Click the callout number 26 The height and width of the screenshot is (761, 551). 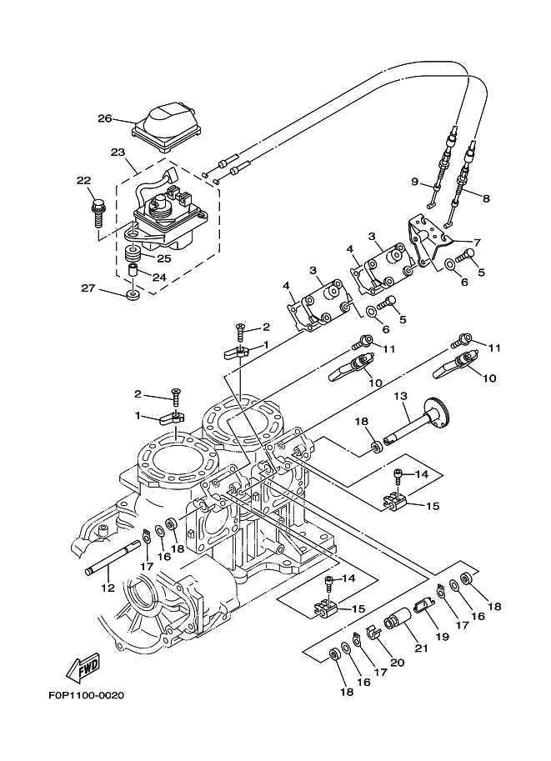(x=104, y=118)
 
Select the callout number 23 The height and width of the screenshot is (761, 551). (x=117, y=153)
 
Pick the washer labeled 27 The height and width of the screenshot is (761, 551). (x=133, y=295)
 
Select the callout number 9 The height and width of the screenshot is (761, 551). (x=414, y=182)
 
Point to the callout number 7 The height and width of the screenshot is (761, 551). (x=478, y=243)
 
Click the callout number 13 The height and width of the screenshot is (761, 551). (x=400, y=395)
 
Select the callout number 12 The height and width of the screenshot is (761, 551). (x=107, y=588)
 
